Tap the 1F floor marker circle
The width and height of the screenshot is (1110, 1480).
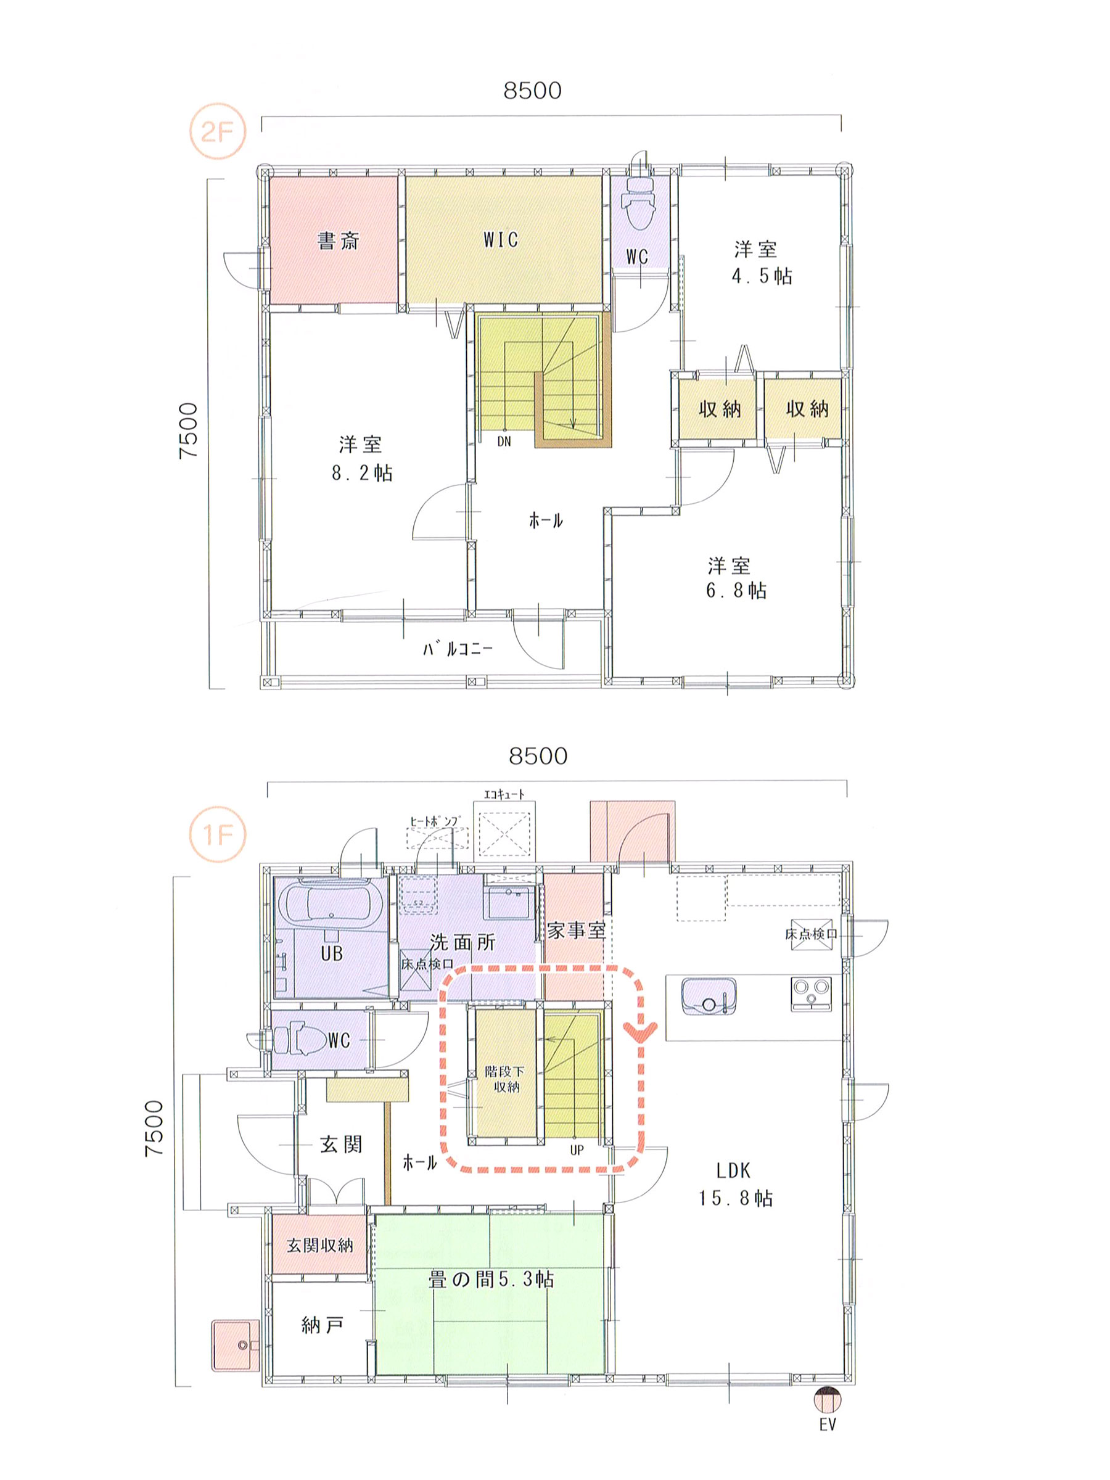[218, 834]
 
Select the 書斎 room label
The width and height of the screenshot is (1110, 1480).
[339, 240]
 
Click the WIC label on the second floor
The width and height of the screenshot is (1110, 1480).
[501, 239]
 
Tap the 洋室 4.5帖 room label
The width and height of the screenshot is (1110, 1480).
[762, 263]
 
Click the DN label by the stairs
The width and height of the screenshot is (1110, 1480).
[504, 442]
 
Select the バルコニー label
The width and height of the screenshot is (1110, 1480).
[458, 648]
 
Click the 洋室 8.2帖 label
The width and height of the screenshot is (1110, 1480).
[362, 458]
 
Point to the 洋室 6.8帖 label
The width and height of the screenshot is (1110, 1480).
[736, 578]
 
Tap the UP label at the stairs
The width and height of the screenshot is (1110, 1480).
[577, 1150]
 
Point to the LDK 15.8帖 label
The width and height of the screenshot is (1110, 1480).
[736, 1185]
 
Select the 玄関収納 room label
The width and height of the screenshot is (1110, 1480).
[320, 1245]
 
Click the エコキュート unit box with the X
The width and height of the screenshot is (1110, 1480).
[504, 834]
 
